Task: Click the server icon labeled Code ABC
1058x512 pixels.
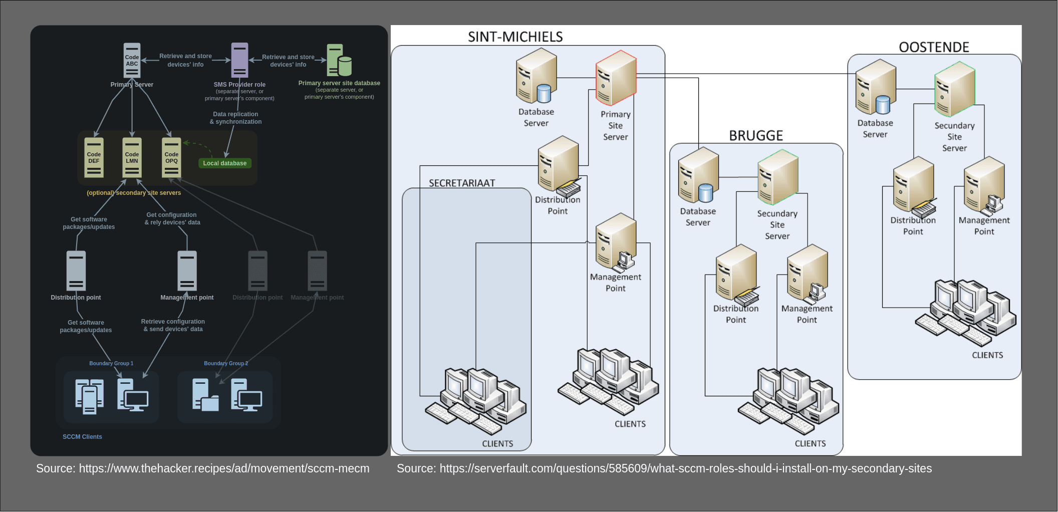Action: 132,60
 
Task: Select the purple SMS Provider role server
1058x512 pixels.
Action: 239,60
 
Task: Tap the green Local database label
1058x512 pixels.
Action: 224,163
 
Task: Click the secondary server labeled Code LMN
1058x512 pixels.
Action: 132,158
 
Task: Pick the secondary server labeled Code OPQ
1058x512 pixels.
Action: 171,158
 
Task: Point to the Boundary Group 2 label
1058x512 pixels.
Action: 225,364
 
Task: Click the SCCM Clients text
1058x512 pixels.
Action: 82,437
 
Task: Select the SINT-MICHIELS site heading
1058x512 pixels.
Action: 515,37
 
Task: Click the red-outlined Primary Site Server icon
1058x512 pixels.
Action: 616,78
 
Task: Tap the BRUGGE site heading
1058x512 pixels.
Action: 755,136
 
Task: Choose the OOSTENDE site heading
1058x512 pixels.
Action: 934,48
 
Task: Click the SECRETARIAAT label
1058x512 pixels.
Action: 462,183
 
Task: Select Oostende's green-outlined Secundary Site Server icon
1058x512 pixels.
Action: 954,89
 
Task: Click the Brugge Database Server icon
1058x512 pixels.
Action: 698,175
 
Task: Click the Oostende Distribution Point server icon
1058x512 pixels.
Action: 914,185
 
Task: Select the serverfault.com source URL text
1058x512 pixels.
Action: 664,469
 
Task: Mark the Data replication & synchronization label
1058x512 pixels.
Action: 235,118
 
